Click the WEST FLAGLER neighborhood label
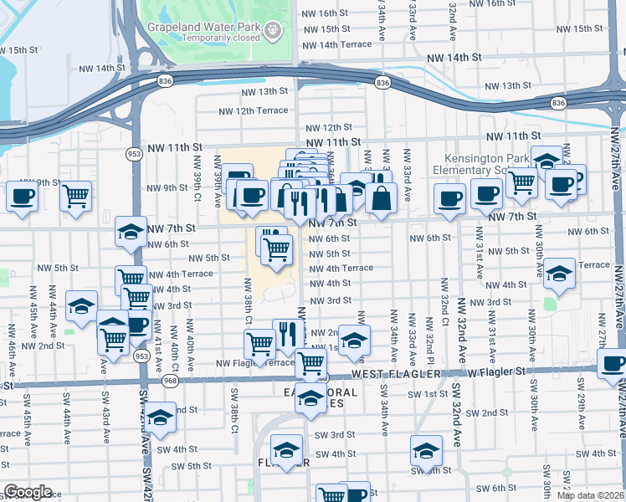click(x=395, y=374)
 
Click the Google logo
click(x=27, y=492)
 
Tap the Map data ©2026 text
click(x=589, y=495)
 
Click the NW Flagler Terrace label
click(x=255, y=363)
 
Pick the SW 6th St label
click(x=497, y=488)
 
